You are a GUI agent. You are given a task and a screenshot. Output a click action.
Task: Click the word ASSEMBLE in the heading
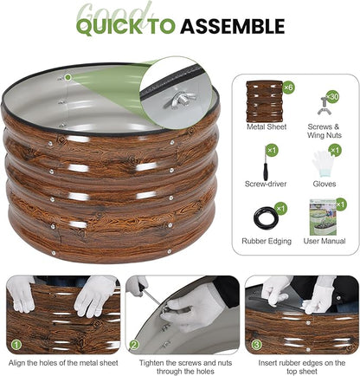pyautogui.click(x=233, y=26)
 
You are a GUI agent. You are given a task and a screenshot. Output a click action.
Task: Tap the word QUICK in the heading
pyautogui.click(x=110, y=26)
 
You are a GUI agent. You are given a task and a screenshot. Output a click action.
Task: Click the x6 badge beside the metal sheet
pyautogui.click(x=288, y=87)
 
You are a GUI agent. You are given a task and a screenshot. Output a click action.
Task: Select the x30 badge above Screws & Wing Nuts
pyautogui.click(x=332, y=96)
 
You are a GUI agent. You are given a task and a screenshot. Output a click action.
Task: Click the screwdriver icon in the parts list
pyautogui.click(x=265, y=164)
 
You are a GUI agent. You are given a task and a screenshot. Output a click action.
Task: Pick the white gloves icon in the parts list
pyautogui.click(x=323, y=165)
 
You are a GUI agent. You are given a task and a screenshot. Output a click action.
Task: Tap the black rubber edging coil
pyautogui.click(x=266, y=217)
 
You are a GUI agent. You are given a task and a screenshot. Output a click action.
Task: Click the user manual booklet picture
pyautogui.click(x=323, y=217)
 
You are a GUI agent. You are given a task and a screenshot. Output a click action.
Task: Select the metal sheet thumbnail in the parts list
pyautogui.click(x=264, y=101)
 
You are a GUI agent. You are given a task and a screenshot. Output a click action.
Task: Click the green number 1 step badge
pyautogui.click(x=16, y=345)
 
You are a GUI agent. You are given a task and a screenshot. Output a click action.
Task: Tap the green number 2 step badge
pyautogui.click(x=134, y=345)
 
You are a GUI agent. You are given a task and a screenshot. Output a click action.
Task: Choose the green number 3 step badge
pyautogui.click(x=256, y=345)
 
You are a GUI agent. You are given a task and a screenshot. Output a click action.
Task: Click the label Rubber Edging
pyautogui.click(x=267, y=241)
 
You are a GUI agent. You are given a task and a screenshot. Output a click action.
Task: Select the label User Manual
pyautogui.click(x=325, y=241)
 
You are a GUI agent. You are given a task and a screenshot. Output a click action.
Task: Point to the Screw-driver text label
pyautogui.click(x=266, y=184)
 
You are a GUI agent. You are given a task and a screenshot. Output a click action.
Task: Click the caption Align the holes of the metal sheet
pyautogui.click(x=63, y=363)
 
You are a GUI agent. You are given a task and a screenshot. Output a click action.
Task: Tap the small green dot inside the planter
pyautogui.click(x=67, y=77)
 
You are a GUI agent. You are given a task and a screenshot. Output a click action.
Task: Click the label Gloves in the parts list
pyautogui.click(x=325, y=184)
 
